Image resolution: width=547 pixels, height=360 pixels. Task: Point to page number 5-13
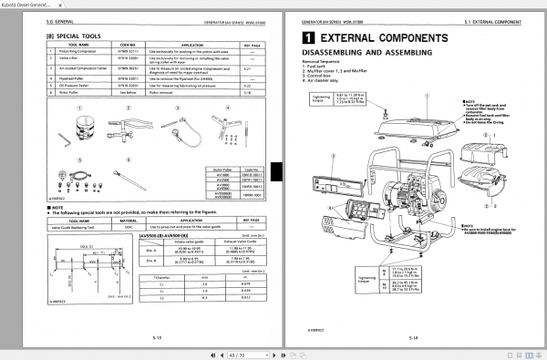coord(158,337)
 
